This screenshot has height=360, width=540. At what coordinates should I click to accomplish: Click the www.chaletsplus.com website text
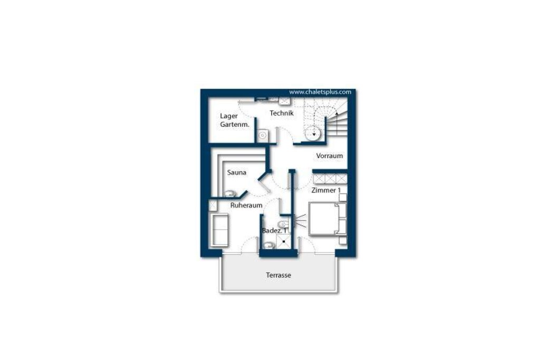(320, 92)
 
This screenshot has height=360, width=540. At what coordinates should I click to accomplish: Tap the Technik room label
(282, 113)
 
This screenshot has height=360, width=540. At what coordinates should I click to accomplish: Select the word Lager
(229, 116)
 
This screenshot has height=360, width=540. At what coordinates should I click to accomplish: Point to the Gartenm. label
(235, 124)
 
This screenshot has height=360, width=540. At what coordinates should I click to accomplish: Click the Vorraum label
(329, 156)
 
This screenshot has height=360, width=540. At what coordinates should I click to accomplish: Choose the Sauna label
(237, 172)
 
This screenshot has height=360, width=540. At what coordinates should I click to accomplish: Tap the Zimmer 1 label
(326, 190)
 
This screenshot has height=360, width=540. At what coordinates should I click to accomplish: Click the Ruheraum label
(246, 206)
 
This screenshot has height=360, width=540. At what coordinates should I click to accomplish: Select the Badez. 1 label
(274, 230)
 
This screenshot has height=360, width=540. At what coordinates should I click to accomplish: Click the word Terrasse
(278, 275)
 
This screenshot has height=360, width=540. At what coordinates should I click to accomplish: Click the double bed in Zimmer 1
(327, 219)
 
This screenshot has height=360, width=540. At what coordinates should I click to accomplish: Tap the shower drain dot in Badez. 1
(284, 241)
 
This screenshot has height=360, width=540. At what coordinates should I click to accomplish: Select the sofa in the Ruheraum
(219, 230)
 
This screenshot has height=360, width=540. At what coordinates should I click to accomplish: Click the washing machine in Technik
(263, 135)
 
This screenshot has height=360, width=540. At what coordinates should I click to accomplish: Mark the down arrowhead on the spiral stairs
(314, 134)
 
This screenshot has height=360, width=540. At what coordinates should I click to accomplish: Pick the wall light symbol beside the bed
(300, 221)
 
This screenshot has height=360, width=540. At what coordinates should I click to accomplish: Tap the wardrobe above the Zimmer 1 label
(330, 179)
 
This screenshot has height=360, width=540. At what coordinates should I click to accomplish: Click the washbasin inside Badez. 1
(268, 246)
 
